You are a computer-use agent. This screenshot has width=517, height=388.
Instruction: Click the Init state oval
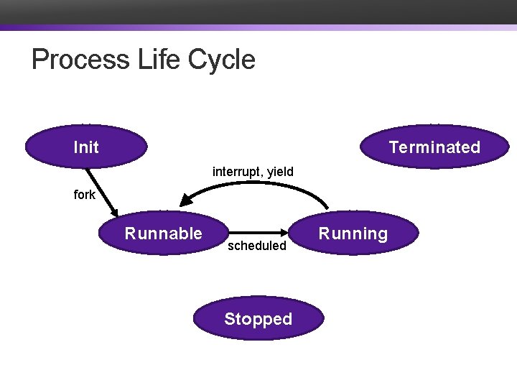(86, 147)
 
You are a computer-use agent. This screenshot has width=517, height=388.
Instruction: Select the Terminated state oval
(434, 147)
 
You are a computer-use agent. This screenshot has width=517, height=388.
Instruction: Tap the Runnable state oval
(164, 234)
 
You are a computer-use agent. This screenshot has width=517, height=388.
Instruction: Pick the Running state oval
(353, 234)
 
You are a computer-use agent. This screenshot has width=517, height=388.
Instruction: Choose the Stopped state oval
(258, 319)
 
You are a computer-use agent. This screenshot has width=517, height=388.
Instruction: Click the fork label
(84, 195)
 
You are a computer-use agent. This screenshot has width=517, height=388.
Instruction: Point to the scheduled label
(256, 246)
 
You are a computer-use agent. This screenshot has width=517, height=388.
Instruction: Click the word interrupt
(236, 172)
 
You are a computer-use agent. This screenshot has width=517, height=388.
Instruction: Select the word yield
(280, 172)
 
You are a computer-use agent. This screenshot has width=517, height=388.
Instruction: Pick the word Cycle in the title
(222, 59)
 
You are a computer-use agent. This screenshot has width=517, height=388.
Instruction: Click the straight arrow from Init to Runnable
(101, 190)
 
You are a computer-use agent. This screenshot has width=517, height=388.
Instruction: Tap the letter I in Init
(75, 147)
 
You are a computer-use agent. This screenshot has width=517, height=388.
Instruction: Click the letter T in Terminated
(393, 147)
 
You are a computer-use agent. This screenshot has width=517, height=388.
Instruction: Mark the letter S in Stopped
(229, 319)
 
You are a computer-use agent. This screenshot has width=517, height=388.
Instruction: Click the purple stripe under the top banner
(258, 28)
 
